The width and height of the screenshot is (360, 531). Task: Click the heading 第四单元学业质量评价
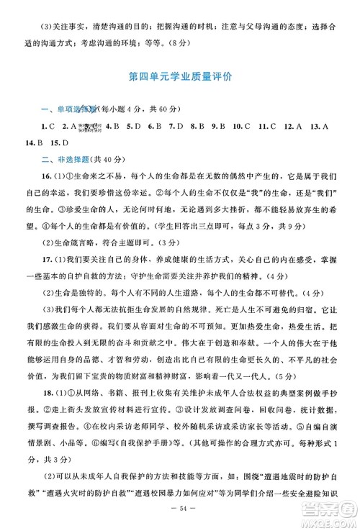coord(180,75)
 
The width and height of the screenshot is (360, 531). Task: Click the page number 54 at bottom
coord(180,509)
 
